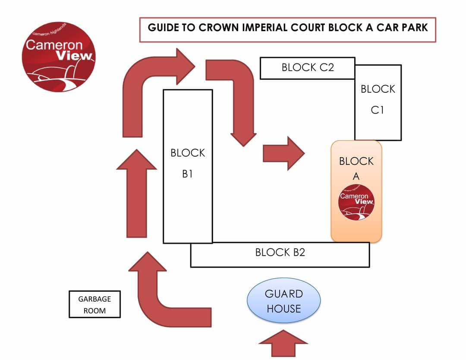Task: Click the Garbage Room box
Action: click(x=94, y=304)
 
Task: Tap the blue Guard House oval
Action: click(x=283, y=301)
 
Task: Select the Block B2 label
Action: click(x=280, y=253)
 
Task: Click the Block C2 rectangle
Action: click(x=308, y=67)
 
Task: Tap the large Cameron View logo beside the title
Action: click(x=59, y=57)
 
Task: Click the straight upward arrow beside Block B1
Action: click(x=136, y=194)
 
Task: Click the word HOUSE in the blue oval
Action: click(x=283, y=309)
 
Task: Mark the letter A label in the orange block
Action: click(x=356, y=176)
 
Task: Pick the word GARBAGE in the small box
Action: click(x=94, y=299)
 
